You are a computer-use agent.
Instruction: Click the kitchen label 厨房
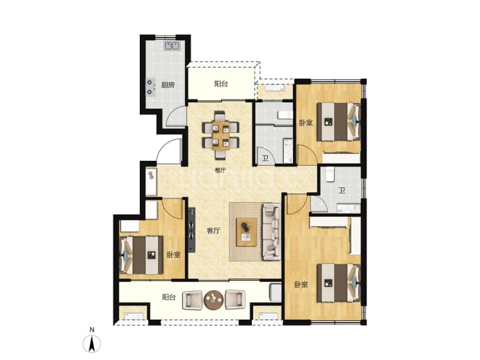tap(168, 85)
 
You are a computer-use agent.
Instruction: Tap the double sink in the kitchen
tap(172, 46)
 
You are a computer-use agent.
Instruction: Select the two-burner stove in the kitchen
tap(150, 87)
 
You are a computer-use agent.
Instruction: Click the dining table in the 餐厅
tap(221, 135)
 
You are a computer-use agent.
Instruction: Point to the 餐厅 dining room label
tap(221, 171)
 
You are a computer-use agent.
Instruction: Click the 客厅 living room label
tap(214, 231)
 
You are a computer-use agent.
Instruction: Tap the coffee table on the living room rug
tap(246, 232)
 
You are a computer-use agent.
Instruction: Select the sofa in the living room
tap(271, 232)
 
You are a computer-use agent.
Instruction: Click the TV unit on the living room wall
tap(191, 230)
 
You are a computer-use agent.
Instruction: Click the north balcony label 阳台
tap(221, 84)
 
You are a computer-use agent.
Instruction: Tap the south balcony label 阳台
tap(168, 297)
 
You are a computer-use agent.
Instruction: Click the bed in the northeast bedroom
tap(339, 122)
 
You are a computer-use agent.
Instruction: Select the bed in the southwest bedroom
tap(141, 255)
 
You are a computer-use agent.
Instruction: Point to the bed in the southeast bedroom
tap(339, 283)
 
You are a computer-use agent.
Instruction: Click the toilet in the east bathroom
tap(330, 174)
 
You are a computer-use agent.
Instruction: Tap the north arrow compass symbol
tap(92, 344)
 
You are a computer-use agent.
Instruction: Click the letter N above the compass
tap(92, 330)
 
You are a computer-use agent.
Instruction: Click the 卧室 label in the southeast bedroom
tap(301, 285)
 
